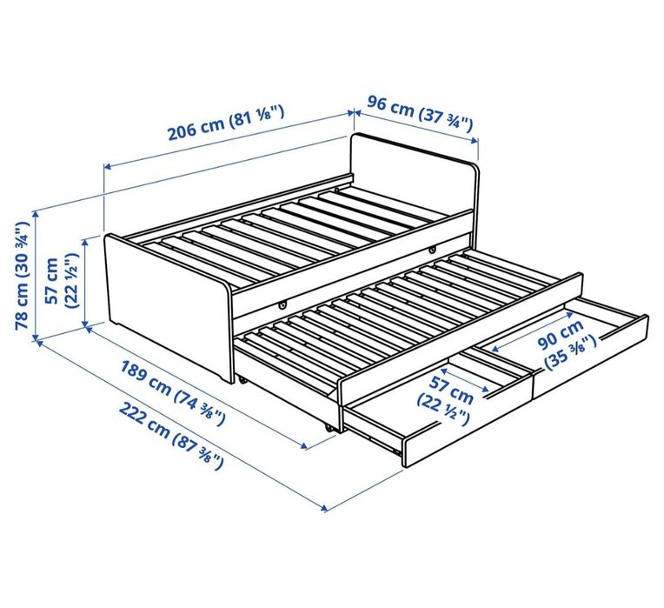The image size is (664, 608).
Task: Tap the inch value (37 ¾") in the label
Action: pyautogui.click(x=445, y=116)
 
